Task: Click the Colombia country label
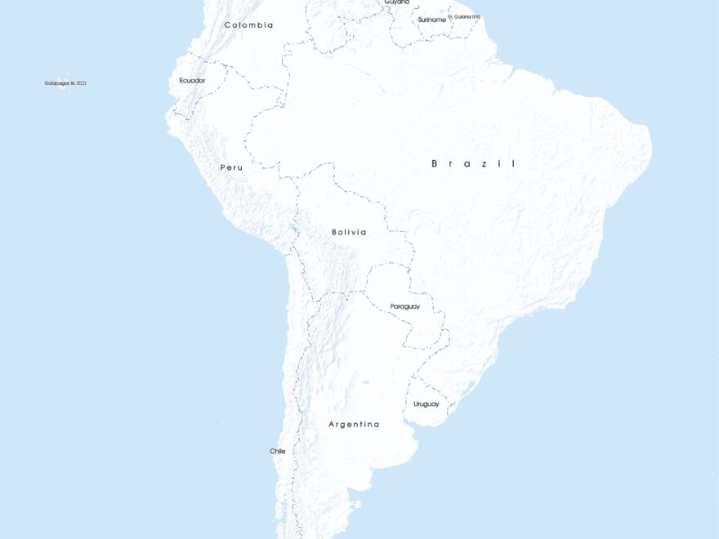point(248,25)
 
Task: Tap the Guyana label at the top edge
point(397,2)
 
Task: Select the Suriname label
point(431,19)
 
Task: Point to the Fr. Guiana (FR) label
point(464,16)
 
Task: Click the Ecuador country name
point(192,80)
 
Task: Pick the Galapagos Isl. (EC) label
point(65,82)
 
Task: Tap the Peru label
point(231,167)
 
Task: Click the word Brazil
point(474,164)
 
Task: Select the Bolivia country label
point(349,232)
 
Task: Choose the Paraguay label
point(404,306)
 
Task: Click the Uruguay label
point(426,404)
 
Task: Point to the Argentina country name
point(354,425)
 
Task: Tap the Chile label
point(278,451)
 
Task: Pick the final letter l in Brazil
point(513,164)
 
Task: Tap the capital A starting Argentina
point(332,425)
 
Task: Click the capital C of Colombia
point(228,25)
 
